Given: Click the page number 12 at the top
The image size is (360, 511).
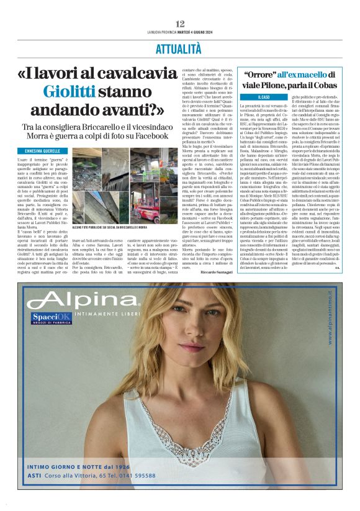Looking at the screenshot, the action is click(x=180, y=24).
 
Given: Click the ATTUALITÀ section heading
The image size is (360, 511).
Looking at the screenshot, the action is click(x=180, y=48).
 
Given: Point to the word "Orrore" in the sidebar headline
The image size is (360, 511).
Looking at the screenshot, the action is click(x=251, y=75).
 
